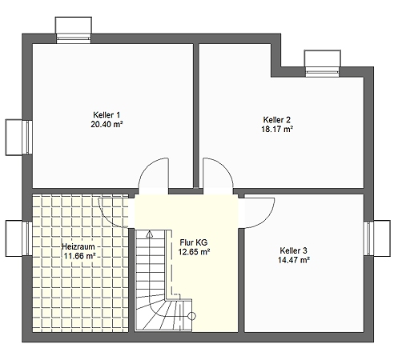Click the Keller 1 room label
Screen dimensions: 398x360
(107, 115)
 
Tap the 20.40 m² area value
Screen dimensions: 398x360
(107, 124)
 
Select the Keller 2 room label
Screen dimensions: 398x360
(277, 120)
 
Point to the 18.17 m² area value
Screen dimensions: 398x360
(277, 129)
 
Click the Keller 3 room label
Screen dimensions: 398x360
(293, 250)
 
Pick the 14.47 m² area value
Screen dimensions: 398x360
(294, 260)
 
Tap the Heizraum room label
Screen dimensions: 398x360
(78, 246)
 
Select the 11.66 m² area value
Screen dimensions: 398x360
(79, 256)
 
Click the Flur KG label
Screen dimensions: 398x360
(194, 242)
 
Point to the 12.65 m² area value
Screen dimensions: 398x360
(194, 252)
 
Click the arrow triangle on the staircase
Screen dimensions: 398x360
(150, 234)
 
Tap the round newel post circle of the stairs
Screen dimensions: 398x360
(192, 316)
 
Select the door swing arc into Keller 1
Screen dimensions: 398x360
(147, 166)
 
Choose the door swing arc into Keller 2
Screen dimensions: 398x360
(225, 166)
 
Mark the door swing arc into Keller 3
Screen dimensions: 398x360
(267, 220)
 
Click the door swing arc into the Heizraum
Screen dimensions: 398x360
(107, 219)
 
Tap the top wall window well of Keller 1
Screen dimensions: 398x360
(74, 30)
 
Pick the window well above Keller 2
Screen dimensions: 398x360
(323, 63)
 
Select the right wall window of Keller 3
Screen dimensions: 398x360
(377, 238)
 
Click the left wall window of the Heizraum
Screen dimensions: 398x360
(19, 238)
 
